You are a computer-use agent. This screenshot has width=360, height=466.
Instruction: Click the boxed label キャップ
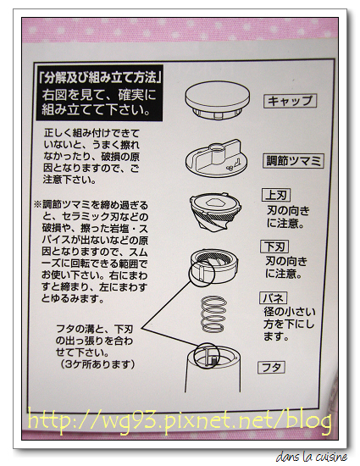(x=290, y=101)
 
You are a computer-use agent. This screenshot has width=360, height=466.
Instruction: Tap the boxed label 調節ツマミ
(x=293, y=161)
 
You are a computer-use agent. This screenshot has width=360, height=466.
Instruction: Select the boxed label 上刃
(x=276, y=195)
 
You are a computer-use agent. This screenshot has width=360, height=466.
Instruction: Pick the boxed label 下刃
(x=274, y=247)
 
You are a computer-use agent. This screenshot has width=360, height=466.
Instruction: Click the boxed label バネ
(x=274, y=297)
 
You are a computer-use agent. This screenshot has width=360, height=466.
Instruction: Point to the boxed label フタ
(x=272, y=368)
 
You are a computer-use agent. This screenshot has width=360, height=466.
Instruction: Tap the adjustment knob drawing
(x=217, y=158)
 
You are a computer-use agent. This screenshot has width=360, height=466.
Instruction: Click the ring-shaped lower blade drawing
(x=214, y=265)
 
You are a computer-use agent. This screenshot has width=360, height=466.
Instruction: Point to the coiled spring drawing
(x=213, y=314)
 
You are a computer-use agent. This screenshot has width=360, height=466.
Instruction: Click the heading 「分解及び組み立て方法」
(x=99, y=78)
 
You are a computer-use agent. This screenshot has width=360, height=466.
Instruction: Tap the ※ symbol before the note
(x=37, y=205)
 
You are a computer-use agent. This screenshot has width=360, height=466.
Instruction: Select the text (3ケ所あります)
(x=97, y=364)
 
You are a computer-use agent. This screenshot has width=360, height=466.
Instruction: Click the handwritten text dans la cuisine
(x=312, y=457)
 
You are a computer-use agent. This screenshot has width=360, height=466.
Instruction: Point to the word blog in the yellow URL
(x=309, y=420)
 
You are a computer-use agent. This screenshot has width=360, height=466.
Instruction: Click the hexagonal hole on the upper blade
(x=216, y=202)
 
